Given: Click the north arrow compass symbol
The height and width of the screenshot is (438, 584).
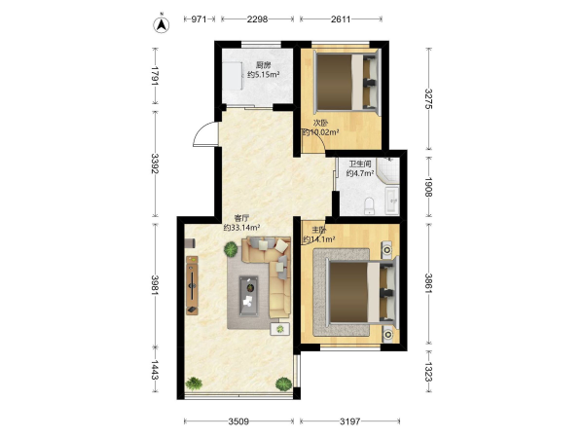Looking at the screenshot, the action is [162, 23].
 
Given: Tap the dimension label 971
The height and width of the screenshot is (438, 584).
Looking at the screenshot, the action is [199, 19].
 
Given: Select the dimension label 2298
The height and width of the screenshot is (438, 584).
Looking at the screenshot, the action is [257, 19].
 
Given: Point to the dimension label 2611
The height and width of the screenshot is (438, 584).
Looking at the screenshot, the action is [341, 19].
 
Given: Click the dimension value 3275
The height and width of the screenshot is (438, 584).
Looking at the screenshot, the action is [428, 98].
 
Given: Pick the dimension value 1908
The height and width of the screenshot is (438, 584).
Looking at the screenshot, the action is [428, 187].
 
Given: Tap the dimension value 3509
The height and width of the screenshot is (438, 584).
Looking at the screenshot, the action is [238, 421].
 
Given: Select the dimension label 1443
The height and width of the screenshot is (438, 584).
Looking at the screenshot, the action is [155, 370].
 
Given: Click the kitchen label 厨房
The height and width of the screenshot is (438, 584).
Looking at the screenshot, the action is [264, 66].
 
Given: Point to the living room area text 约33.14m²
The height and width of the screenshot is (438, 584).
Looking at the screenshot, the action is [241, 227].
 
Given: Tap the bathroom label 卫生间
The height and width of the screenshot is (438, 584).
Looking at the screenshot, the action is [360, 164].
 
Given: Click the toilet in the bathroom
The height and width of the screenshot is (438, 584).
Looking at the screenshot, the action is [369, 205].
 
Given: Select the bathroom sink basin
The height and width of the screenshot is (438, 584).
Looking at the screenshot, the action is [392, 201].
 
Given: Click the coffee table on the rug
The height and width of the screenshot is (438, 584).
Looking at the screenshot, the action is [249, 296].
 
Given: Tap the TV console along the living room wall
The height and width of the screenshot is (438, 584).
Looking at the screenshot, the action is [192, 285].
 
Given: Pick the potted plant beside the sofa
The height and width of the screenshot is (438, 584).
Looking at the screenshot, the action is [231, 249].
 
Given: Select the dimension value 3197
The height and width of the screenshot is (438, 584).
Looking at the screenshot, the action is [350, 421].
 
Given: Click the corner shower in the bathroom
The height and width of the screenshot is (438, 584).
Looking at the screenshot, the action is [387, 169].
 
